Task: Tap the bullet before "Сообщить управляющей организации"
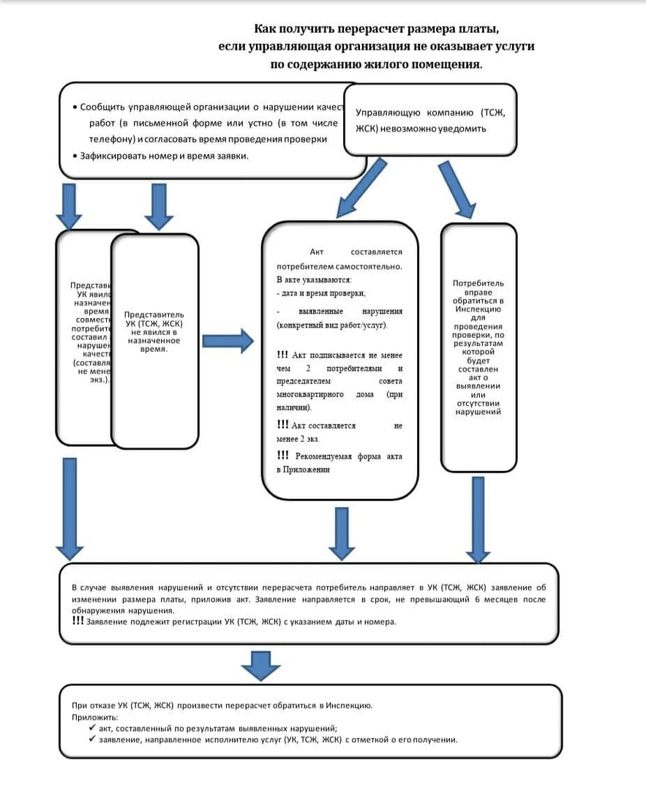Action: click(x=75, y=107)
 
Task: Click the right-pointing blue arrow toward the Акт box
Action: click(x=227, y=340)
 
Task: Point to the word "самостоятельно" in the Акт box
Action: click(x=366, y=266)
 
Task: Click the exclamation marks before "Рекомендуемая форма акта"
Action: click(x=283, y=455)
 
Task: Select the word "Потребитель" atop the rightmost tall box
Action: click(x=478, y=283)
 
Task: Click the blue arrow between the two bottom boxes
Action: click(x=260, y=664)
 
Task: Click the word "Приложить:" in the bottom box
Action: click(x=91, y=717)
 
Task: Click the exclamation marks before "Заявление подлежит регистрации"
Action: click(x=78, y=621)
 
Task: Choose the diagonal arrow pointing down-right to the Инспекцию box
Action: click(x=457, y=189)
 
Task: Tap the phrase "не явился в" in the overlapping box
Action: click(x=154, y=332)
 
